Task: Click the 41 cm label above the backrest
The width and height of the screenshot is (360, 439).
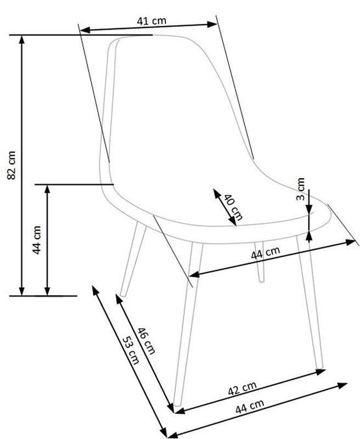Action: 151,21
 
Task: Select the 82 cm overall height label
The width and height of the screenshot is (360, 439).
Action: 12,165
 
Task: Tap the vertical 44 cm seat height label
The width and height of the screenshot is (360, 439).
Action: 37,240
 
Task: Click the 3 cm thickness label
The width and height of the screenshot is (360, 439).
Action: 300,189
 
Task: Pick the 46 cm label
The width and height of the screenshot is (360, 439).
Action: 146,341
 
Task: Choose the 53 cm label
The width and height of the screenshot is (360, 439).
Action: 131,350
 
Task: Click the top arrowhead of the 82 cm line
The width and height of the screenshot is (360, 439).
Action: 21,40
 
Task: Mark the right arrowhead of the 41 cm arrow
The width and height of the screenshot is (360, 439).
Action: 212,24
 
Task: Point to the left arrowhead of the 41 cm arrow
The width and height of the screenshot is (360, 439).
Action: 85,30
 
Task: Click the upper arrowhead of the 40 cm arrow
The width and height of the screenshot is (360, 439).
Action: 217,193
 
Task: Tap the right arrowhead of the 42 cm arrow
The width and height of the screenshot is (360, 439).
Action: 320,372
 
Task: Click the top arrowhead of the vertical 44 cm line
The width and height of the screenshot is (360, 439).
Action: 47,189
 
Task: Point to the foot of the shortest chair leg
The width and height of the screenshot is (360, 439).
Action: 261,280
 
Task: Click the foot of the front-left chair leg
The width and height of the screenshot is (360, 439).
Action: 177,404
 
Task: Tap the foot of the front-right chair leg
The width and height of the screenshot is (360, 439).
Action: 320,366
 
